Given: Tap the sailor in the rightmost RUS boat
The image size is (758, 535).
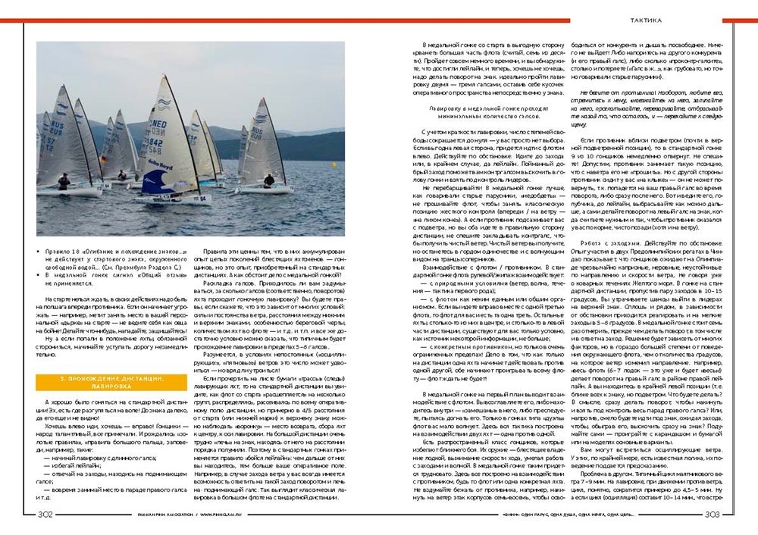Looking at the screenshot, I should (x=269, y=180).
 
